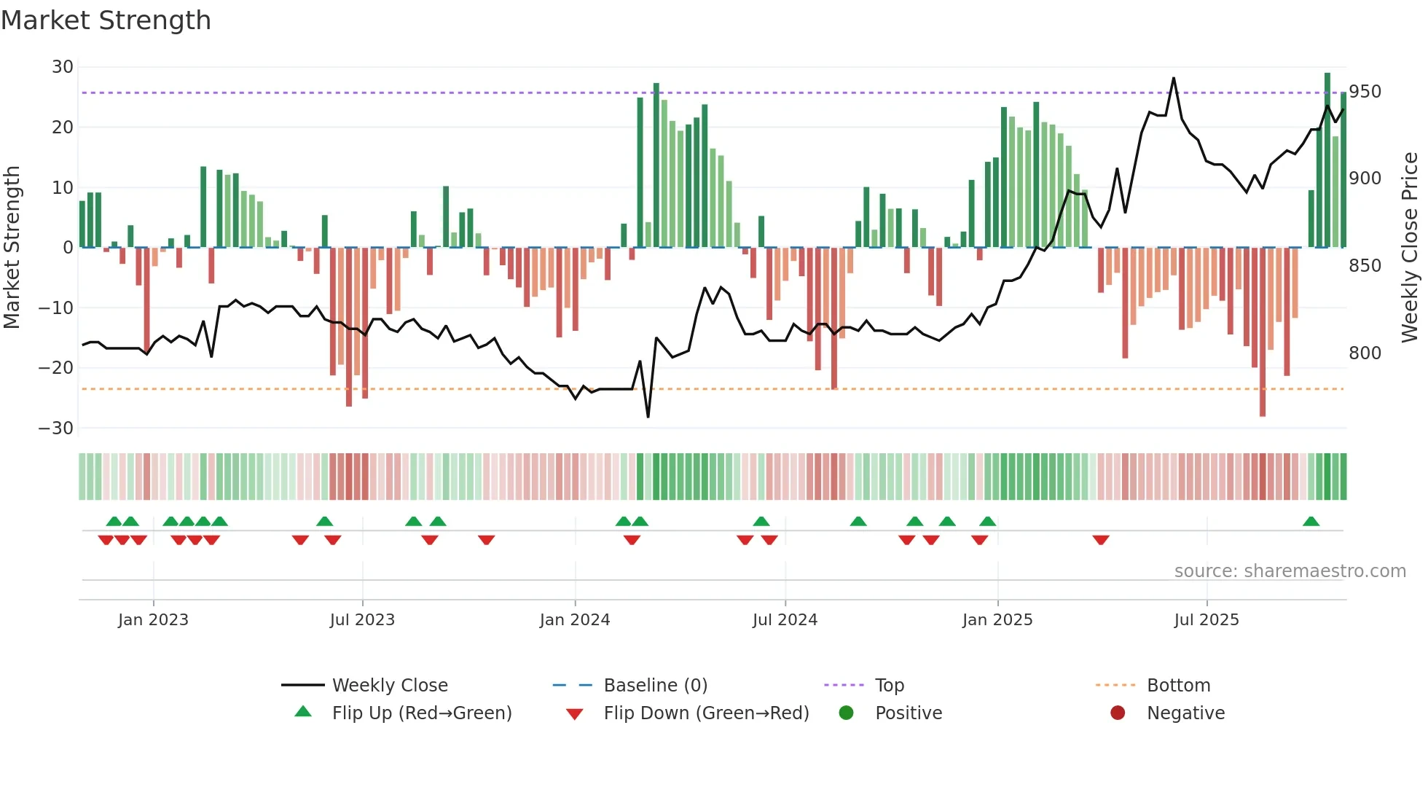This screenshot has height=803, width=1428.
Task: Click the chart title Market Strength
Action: (106, 20)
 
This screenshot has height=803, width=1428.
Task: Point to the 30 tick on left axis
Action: (63, 67)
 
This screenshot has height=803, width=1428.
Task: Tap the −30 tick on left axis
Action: (56, 428)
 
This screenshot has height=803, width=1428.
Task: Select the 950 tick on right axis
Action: (1365, 92)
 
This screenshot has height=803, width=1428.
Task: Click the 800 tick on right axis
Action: (1365, 353)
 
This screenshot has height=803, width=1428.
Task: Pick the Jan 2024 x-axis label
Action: (575, 620)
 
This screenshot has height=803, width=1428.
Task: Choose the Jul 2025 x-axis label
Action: (1207, 620)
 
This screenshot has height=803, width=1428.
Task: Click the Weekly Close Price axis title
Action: (1410, 248)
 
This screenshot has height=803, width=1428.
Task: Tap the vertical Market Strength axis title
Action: (12, 248)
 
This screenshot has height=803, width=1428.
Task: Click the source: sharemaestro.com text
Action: (1290, 571)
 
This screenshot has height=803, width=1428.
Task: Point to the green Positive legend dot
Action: (846, 713)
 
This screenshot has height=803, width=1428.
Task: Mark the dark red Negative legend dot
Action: (1118, 713)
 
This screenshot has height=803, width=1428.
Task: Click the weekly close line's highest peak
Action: (1174, 78)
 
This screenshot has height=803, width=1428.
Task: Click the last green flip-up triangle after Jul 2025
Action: (1311, 522)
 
